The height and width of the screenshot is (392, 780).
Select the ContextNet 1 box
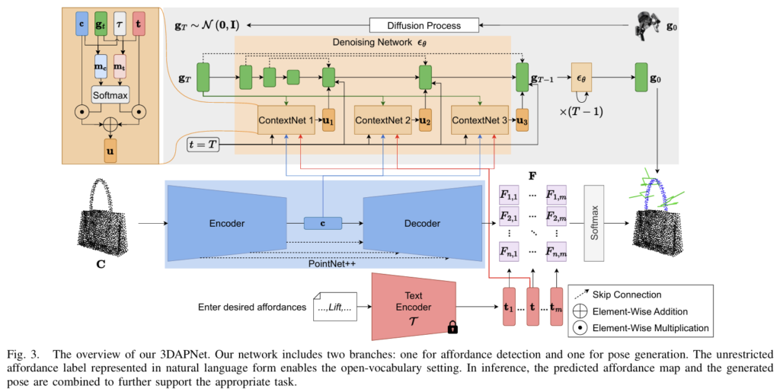286,120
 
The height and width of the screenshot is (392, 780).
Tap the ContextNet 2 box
383,120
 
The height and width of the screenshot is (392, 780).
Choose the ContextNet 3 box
479,120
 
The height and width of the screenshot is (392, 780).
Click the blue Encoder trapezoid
226,224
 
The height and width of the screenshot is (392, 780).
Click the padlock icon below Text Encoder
452,327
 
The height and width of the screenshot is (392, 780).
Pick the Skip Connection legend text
630,295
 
